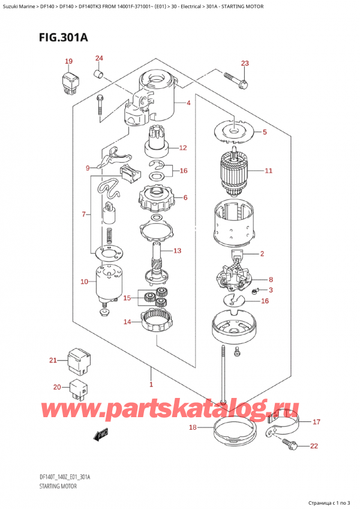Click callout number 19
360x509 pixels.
(x=68, y=61)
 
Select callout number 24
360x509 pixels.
(x=99, y=58)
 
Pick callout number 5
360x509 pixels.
(x=265, y=131)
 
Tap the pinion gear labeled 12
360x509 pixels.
(x=158, y=145)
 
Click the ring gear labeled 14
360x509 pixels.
(x=158, y=323)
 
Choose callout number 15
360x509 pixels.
(x=127, y=298)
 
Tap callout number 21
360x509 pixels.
(x=53, y=360)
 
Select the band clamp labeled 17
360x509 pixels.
(x=284, y=423)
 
